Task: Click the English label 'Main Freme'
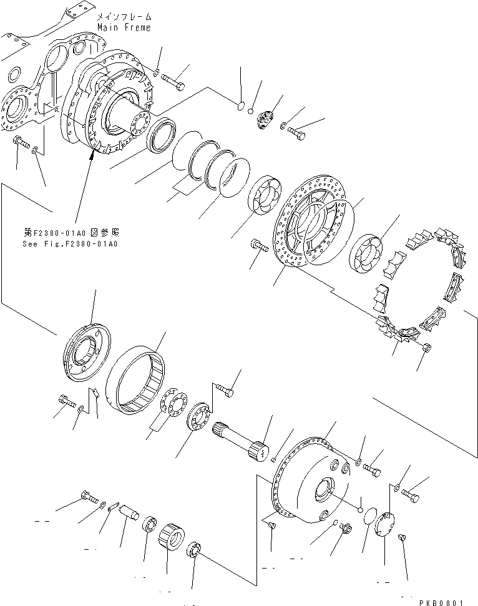point(124,28)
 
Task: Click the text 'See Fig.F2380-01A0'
point(69,244)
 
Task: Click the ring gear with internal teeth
point(139,382)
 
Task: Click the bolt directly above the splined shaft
point(225,392)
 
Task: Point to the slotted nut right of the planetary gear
point(195,550)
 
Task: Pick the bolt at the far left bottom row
point(88,498)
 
